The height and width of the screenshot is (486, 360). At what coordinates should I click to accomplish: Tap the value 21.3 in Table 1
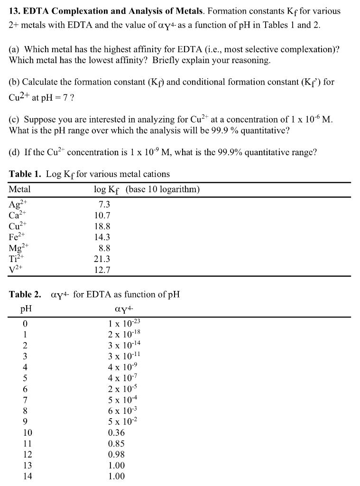click(102, 259)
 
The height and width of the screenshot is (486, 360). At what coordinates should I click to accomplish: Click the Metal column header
click(19, 189)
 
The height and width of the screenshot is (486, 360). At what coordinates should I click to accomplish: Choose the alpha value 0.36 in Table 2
click(116, 433)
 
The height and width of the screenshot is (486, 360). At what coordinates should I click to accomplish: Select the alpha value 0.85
click(116, 444)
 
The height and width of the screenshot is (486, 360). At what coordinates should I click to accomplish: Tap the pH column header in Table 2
click(26, 308)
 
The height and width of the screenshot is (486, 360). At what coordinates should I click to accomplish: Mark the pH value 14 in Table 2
click(28, 476)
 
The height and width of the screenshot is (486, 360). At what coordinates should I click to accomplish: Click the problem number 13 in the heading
click(14, 10)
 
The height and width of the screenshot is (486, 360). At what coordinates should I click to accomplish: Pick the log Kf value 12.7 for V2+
click(102, 270)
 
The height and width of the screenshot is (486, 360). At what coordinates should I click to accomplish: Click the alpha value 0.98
click(116, 455)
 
